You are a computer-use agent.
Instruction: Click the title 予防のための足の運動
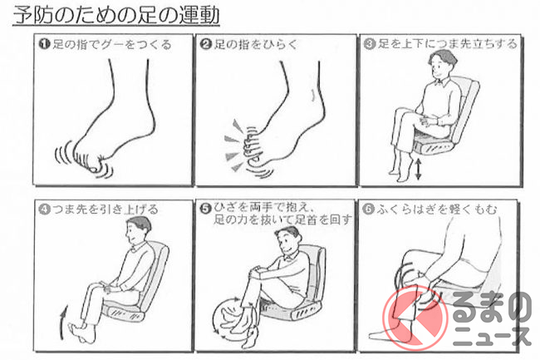tap(116, 15)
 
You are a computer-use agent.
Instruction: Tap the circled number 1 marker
tap(44, 44)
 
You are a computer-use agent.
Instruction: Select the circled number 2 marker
tap(205, 44)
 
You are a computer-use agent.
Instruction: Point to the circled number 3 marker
tap(370, 44)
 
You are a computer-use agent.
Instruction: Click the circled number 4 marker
tap(44, 209)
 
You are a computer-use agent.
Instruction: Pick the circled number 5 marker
tap(205, 209)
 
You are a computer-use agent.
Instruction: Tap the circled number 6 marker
tap(369, 209)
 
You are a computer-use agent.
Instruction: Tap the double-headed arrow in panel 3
tap(418, 169)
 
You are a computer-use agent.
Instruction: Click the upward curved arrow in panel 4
tap(63, 322)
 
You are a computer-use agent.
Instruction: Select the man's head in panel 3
tap(442, 64)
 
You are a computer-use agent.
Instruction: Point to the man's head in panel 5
tap(288, 240)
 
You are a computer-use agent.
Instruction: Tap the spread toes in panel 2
tap(252, 146)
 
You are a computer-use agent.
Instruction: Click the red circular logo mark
tap(415, 318)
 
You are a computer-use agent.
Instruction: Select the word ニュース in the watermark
tap(492, 336)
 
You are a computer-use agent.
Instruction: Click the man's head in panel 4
tap(138, 230)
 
